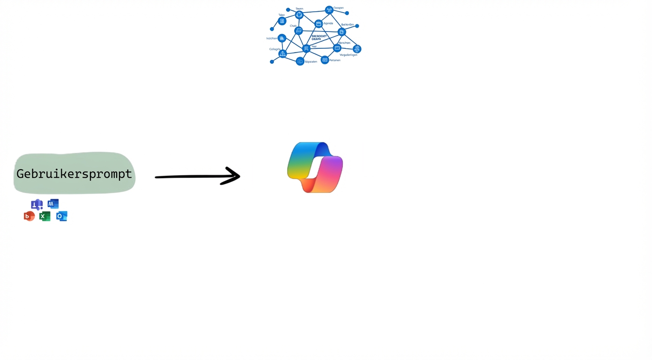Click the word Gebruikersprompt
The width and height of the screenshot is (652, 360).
[74, 174]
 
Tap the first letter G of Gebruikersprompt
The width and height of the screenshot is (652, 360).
[21, 174]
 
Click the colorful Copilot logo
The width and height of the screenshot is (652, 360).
[315, 167]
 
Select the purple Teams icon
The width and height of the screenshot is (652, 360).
[37, 204]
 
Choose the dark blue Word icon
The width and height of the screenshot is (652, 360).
[53, 203]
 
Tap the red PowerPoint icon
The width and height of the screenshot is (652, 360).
[29, 216]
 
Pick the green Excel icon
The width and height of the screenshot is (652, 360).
[44, 216]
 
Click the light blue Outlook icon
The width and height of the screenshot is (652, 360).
[61, 216]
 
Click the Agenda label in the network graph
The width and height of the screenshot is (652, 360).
[328, 23]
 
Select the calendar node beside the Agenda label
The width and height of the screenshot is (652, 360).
[319, 23]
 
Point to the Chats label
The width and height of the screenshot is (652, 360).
[293, 26]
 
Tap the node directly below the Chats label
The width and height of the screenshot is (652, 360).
[298, 31]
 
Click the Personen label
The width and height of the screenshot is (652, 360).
[335, 60]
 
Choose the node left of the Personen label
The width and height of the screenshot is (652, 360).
[325, 60]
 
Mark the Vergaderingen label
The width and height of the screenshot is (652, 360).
[348, 55]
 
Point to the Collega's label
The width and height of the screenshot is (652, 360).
[274, 49]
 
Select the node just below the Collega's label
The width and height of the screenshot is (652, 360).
[282, 54]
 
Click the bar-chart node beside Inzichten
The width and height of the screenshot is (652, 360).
[282, 38]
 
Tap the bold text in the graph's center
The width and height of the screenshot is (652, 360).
[319, 37]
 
